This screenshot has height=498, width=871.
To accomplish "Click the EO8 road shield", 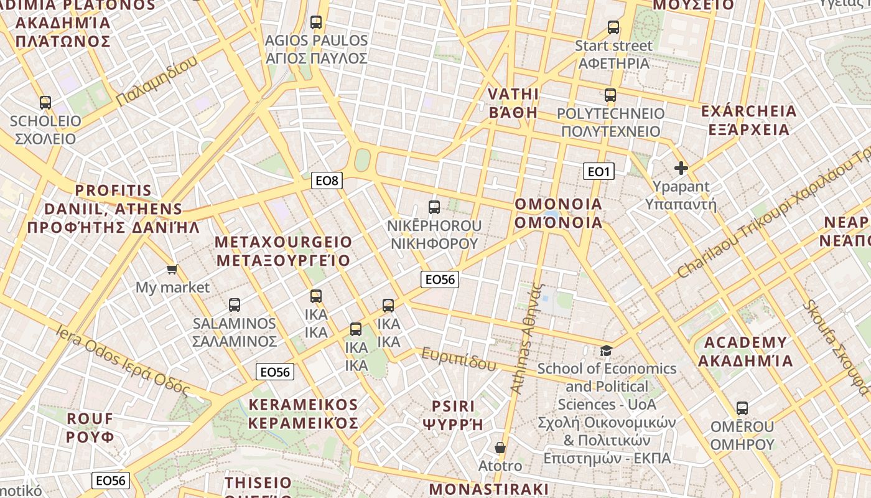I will click(x=327, y=181).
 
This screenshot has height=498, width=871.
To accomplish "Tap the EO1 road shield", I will click(x=599, y=171).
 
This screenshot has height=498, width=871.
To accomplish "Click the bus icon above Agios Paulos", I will click(x=316, y=22).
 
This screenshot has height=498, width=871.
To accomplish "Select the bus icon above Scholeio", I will click(x=45, y=103).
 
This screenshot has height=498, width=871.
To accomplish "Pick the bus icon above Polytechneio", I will click(x=610, y=95).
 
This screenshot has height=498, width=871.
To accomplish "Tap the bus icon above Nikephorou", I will click(x=434, y=207).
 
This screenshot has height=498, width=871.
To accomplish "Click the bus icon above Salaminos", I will click(x=235, y=305).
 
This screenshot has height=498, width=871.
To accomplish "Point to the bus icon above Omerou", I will click(x=742, y=408).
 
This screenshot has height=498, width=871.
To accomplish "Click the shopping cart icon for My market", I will click(x=172, y=270).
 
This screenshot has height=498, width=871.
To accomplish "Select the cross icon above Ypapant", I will click(x=681, y=167).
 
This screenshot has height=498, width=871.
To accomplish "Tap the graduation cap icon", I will click(x=606, y=350).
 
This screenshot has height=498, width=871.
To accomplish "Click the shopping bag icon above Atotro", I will click(x=500, y=448).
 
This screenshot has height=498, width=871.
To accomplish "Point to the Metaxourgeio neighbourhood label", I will click(x=283, y=251).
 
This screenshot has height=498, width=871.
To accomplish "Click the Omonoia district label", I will click(x=559, y=213).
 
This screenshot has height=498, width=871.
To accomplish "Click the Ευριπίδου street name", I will click(x=459, y=359).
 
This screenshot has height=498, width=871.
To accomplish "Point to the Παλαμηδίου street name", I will click(x=157, y=81).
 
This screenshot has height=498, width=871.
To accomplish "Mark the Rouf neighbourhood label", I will click(x=90, y=427).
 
